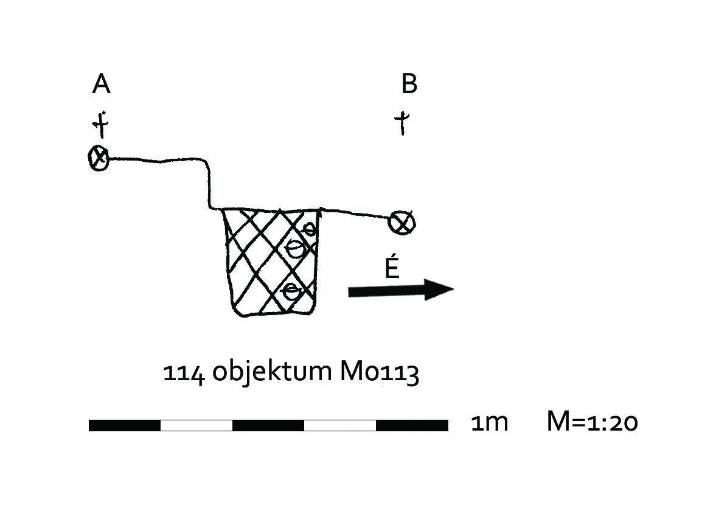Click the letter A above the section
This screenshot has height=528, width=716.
pos(101,84)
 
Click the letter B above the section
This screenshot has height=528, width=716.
pos(409,84)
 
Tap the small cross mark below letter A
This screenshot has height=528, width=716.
pos(101,124)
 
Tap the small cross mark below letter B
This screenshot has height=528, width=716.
pos(401,123)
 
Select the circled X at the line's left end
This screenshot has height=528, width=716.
pos(99,158)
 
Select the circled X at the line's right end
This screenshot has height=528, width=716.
pos(401,223)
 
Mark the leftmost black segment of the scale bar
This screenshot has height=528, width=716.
pos(125,425)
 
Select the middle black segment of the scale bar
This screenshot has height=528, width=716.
pos(268,425)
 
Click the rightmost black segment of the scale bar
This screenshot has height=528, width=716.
pos(412,425)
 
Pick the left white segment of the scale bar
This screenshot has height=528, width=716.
pos(196,425)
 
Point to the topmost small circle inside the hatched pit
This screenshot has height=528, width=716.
pos(309,229)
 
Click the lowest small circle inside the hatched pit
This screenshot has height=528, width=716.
pos(291,291)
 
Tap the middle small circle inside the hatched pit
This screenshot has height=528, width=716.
pos(296,249)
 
